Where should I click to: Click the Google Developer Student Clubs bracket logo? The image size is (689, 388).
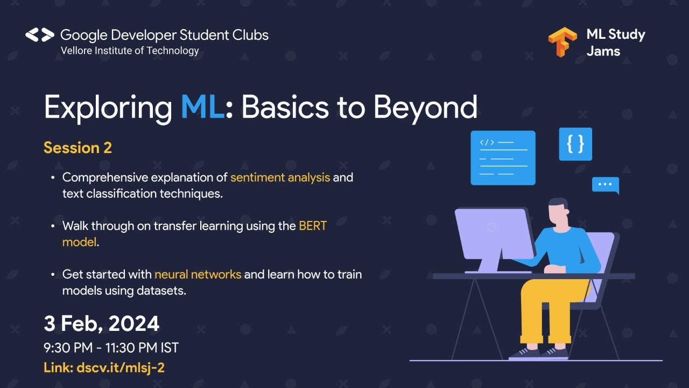tap(40, 35)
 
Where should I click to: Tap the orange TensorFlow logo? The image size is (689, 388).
tap(562, 42)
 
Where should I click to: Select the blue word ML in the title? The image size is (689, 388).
tap(202, 107)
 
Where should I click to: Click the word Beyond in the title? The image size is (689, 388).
tap(425, 107)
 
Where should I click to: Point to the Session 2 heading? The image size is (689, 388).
tap(78, 148)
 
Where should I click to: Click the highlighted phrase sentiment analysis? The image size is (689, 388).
tap(280, 177)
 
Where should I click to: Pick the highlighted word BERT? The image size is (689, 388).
tap(313, 226)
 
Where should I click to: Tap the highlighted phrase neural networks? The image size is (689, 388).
tap(198, 274)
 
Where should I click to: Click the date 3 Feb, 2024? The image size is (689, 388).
tap(102, 324)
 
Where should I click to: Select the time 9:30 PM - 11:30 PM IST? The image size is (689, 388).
tap(111, 348)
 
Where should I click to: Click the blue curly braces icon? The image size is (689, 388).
tap(575, 144)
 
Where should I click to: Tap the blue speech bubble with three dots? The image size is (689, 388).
tap(606, 185)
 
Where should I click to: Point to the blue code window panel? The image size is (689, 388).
tap(503, 157)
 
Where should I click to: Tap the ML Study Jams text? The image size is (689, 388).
tap(615, 43)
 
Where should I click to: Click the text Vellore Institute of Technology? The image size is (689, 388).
tap(130, 51)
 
